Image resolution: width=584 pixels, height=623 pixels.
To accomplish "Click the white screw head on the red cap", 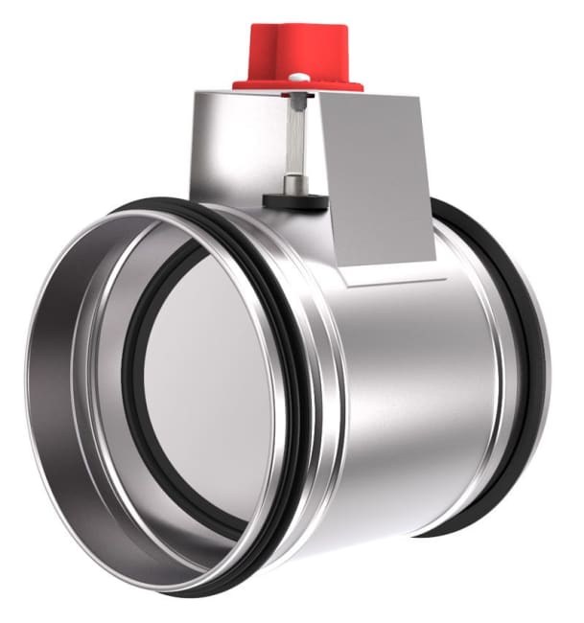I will (299, 78).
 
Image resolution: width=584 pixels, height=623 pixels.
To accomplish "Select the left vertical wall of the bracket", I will (221, 144).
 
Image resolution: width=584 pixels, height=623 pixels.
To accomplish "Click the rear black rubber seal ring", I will (523, 335).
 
